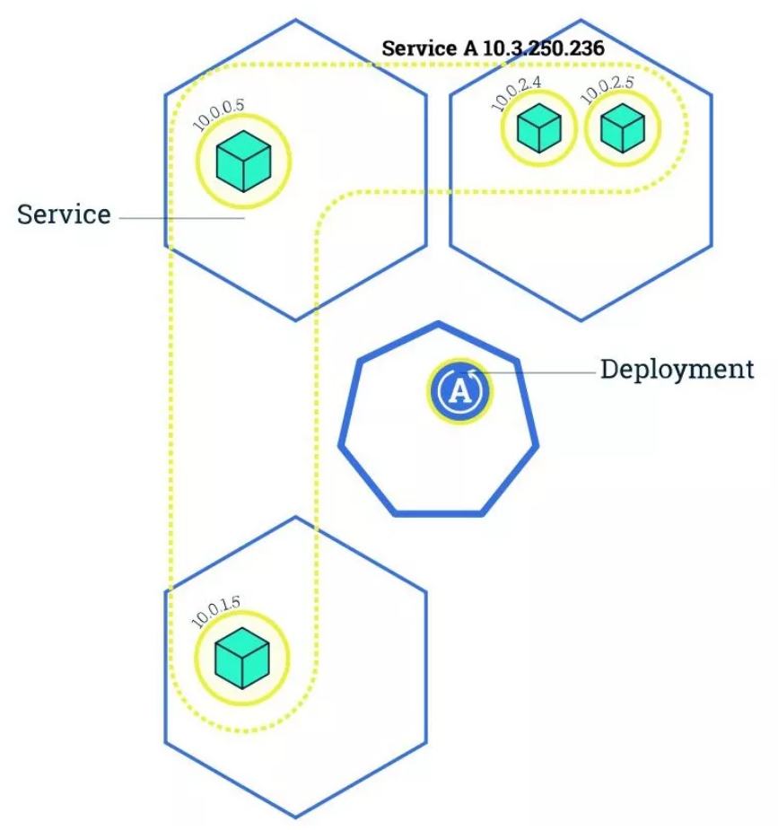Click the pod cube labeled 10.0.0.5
coord(243,161)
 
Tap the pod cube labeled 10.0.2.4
coord(538,128)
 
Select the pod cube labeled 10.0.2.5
coord(622,128)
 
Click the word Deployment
coord(677,370)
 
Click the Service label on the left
coord(64,215)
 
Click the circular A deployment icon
coord(459,391)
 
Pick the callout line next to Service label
coord(179,218)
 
